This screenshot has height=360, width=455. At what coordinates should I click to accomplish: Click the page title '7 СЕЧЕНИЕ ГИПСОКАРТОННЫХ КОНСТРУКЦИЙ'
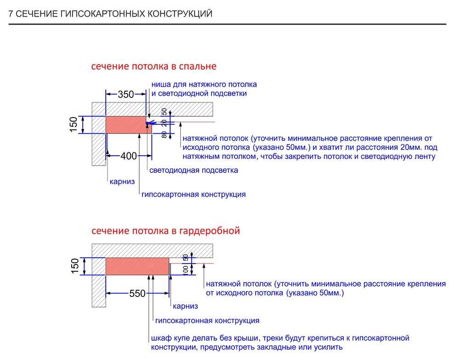[x=110, y=14]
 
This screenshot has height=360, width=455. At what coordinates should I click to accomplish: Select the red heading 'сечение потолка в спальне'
[x=154, y=67]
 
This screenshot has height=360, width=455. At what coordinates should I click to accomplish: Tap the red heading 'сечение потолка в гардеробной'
[x=165, y=231]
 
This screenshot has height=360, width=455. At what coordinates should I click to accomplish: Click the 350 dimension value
[x=125, y=95]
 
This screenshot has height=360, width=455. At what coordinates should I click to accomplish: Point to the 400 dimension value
[x=129, y=156]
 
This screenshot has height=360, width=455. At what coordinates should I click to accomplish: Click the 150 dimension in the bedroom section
[x=74, y=124]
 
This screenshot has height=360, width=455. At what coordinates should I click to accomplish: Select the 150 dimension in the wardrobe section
[x=75, y=266]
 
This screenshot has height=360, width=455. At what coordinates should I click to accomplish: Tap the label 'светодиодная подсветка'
[x=194, y=170]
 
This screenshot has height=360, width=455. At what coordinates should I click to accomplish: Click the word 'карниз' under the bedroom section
[x=122, y=182]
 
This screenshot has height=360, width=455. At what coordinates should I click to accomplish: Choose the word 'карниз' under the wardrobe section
[x=185, y=306]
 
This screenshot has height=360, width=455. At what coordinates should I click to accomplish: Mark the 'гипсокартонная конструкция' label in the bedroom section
[x=193, y=194]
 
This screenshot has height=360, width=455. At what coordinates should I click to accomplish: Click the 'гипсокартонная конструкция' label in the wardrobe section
[x=207, y=321]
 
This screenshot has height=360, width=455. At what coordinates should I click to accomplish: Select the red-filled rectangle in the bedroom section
[x=126, y=124]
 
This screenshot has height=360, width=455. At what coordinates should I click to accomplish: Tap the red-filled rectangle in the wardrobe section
[x=137, y=266]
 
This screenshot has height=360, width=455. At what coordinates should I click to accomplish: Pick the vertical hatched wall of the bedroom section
[x=99, y=149]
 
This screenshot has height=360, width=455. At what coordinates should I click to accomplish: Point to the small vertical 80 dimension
[x=164, y=135]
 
